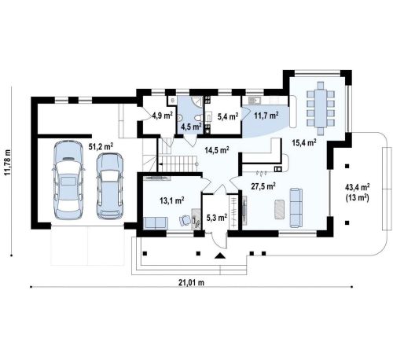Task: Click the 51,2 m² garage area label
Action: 101,146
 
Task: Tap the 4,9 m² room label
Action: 163,115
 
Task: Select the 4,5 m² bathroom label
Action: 191,127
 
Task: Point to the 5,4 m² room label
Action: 228,116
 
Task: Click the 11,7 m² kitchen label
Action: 266,116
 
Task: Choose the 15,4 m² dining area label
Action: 304,142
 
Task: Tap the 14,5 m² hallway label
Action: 217,150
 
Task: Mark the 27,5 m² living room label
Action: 263,186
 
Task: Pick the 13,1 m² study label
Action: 172,200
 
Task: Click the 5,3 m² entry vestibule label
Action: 217,218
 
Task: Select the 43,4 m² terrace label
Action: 358,187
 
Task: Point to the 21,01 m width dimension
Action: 191,282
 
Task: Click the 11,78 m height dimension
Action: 8,162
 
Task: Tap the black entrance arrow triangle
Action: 220,255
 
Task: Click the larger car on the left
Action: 68,180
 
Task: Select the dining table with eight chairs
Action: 321,108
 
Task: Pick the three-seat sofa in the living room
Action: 296,208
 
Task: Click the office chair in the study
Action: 185,220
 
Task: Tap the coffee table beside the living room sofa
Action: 279,209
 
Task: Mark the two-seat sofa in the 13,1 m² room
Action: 156,222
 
